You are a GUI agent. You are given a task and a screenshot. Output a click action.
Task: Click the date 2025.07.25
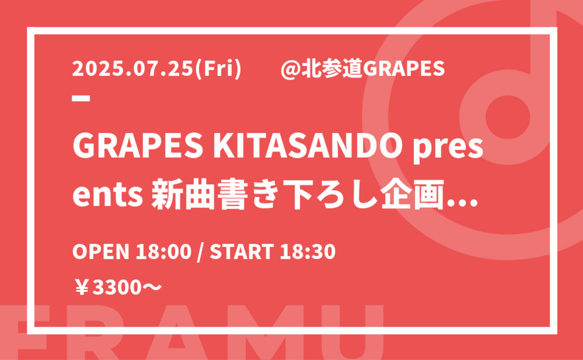tap(132, 69)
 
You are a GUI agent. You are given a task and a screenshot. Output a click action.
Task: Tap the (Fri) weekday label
tap(218, 69)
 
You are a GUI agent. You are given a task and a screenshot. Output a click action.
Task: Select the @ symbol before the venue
tap(290, 69)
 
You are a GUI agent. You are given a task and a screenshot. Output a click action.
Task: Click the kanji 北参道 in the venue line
tap(332, 69)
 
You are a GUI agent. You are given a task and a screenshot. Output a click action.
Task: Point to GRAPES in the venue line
tap(403, 69)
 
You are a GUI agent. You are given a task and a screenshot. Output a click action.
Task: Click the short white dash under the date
tap(81, 98)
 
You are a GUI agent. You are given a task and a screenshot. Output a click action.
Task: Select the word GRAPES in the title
tap(138, 146)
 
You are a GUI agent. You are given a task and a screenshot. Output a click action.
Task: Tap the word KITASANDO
tap(308, 146)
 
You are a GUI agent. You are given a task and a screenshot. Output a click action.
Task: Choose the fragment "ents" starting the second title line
tap(108, 195)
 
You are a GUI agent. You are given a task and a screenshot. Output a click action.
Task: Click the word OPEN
tap(101, 252)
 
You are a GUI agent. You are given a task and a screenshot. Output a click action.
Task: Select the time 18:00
tap(163, 252)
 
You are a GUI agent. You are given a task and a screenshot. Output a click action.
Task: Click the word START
tap(242, 252)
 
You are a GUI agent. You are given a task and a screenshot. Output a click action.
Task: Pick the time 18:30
tap(307, 252)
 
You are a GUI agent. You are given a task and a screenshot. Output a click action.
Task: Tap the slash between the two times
tap(201, 252)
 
